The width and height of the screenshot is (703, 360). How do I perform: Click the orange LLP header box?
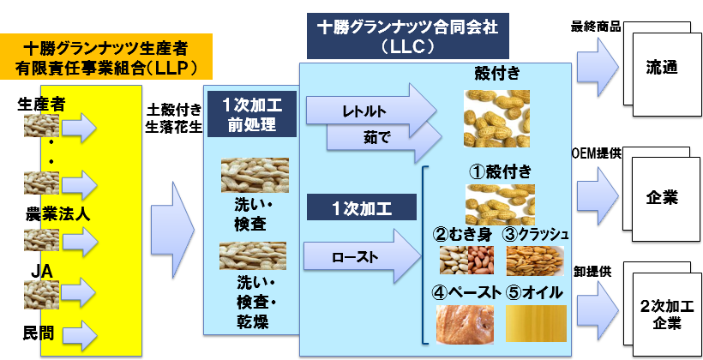(x=105, y=57)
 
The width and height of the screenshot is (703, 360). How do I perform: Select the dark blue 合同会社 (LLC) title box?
(x=407, y=36)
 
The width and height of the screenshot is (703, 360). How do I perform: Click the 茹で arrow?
(x=382, y=137)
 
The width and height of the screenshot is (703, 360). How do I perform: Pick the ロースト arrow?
(x=362, y=256)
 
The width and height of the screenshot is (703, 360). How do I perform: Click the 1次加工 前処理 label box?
(x=251, y=114)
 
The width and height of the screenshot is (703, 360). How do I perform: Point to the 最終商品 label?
(x=595, y=27)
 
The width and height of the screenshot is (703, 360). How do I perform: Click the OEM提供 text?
(x=597, y=153)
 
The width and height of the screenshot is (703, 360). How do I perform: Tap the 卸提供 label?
(x=592, y=272)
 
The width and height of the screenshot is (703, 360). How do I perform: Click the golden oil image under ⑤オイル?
(x=536, y=324)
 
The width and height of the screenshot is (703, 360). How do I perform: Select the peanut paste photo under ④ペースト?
(x=465, y=325)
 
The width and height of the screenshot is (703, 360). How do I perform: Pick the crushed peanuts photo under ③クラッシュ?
(x=535, y=261)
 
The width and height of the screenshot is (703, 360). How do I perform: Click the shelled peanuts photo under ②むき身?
(x=466, y=260)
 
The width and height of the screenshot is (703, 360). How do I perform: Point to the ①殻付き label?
(x=501, y=171)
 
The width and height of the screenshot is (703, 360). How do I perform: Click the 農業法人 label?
(x=57, y=215)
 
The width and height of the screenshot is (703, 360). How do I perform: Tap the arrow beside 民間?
(x=80, y=336)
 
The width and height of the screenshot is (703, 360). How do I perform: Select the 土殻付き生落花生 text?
(x=173, y=118)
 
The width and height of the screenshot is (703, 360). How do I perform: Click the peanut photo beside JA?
(x=41, y=294)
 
